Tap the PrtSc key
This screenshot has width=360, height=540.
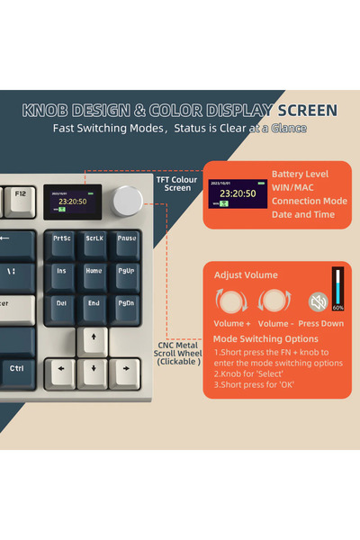click(62, 240)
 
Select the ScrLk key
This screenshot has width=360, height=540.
click(94, 240)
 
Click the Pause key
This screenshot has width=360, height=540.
click(126, 240)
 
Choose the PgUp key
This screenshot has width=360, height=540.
click(126, 272)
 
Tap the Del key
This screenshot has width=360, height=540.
click(62, 304)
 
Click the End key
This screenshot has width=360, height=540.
click(94, 304)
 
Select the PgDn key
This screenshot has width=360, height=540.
click(126, 304)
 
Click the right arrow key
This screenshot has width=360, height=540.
click(126, 370)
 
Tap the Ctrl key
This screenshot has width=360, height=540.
click(17, 369)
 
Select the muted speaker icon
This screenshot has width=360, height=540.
click(318, 301)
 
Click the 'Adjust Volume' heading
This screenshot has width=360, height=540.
click(246, 274)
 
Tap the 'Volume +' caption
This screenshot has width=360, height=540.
click(231, 322)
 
